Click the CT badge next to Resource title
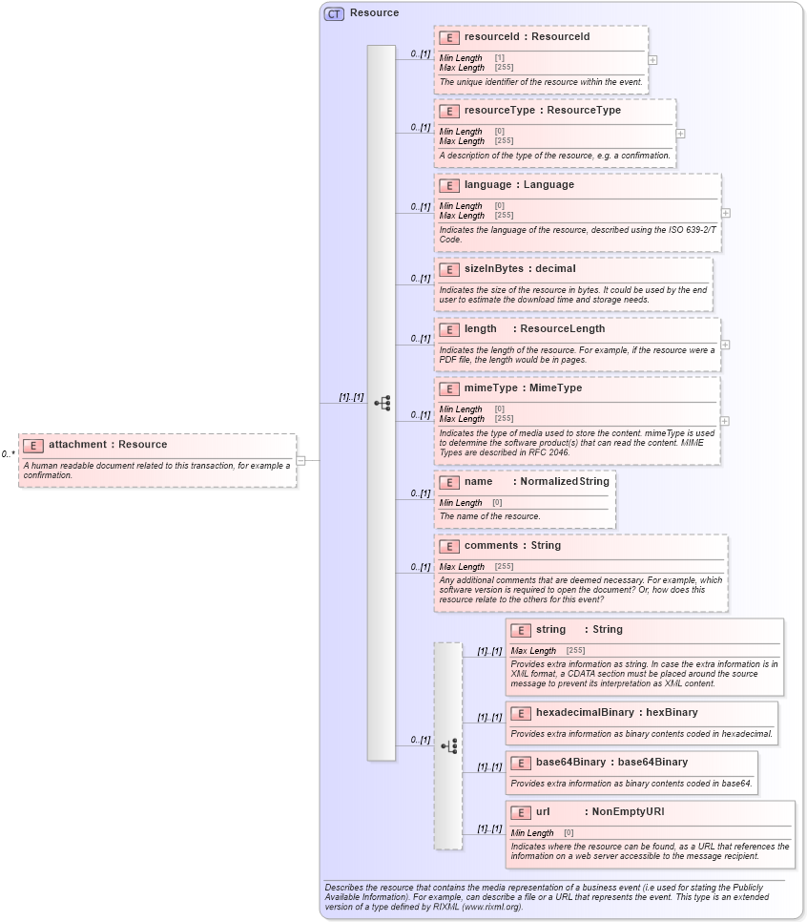point(334,13)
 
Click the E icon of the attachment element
point(33,445)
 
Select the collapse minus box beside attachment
point(300,460)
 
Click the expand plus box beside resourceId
point(652,59)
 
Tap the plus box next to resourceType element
point(680,134)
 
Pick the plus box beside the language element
point(726,213)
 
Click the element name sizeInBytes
point(493,268)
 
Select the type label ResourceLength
point(562,328)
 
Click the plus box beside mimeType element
point(726,420)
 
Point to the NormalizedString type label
point(564,481)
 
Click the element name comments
point(493,545)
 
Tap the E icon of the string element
point(521,630)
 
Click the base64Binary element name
point(570,762)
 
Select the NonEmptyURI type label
point(628,811)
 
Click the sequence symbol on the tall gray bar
point(382,403)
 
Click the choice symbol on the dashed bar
point(448,745)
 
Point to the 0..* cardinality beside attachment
point(8,455)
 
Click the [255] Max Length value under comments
point(504,567)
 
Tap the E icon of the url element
point(521,812)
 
